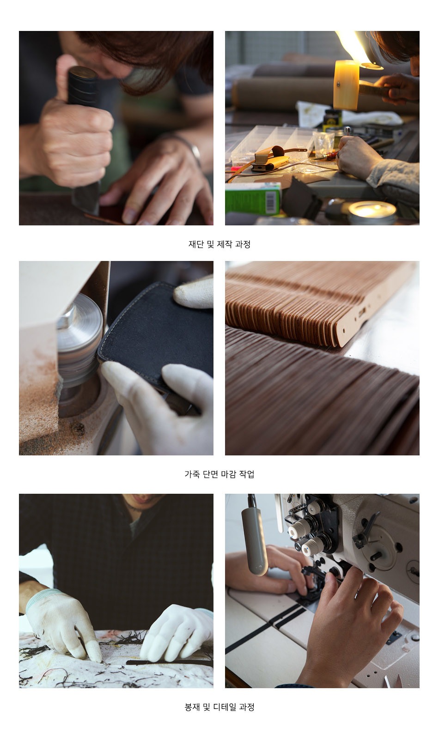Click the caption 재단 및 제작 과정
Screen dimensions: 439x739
[x=219, y=244]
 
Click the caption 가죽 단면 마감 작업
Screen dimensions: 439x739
[x=219, y=474]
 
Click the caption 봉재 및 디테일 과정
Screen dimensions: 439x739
[x=219, y=707]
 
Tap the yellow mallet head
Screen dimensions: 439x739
[x=346, y=85]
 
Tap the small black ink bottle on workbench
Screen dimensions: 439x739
[x=332, y=120]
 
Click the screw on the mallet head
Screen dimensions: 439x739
[x=338, y=84]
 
